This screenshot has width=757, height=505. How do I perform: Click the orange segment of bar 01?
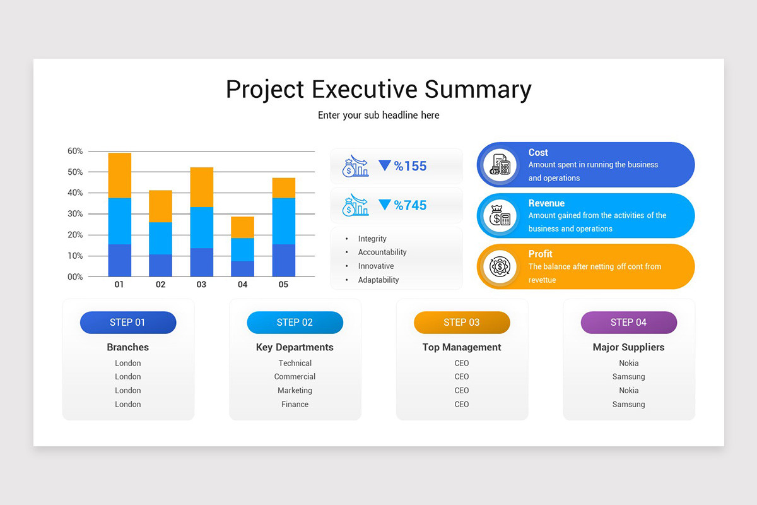(x=119, y=175)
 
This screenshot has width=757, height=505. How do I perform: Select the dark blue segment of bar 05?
(x=283, y=260)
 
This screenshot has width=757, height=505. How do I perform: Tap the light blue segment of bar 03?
(x=201, y=227)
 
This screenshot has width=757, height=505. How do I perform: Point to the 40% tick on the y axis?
(x=75, y=193)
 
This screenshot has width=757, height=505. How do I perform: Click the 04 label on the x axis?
(x=242, y=285)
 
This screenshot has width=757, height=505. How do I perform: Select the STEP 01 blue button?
(x=127, y=323)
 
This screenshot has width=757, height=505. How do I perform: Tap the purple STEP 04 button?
(x=628, y=323)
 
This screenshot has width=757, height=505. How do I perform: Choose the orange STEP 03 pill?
(x=461, y=323)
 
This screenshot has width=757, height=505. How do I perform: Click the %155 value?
(x=410, y=166)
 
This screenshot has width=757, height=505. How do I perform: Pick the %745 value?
(x=410, y=205)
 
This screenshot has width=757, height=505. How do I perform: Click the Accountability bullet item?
(x=382, y=252)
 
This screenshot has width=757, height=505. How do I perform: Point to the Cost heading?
(x=538, y=152)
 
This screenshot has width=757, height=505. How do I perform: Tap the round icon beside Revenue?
(x=500, y=216)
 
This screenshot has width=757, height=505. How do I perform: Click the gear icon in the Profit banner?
(x=500, y=266)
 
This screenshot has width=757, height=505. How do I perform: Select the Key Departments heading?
(x=295, y=347)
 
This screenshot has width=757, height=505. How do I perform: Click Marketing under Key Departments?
(x=295, y=391)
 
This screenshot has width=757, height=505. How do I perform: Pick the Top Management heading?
(x=461, y=347)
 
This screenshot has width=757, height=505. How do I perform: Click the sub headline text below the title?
(x=378, y=116)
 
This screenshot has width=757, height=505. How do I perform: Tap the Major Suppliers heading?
(x=628, y=347)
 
